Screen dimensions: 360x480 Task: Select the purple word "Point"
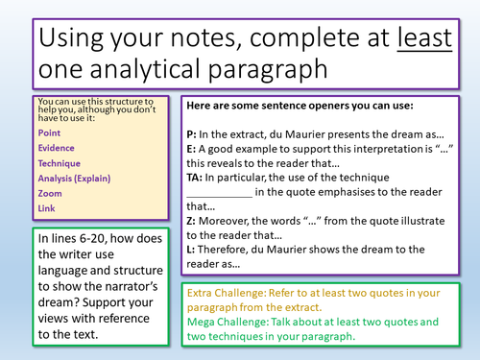pyautogui.click(x=49, y=133)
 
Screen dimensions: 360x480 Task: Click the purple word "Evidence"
pyautogui.click(x=56, y=149)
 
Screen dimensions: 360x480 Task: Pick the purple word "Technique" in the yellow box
pyautogui.click(x=59, y=163)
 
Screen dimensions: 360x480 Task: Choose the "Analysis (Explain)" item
pyautogui.click(x=74, y=178)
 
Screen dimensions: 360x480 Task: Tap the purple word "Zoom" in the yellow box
pyautogui.click(x=49, y=193)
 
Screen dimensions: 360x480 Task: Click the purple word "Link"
pyautogui.click(x=46, y=207)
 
